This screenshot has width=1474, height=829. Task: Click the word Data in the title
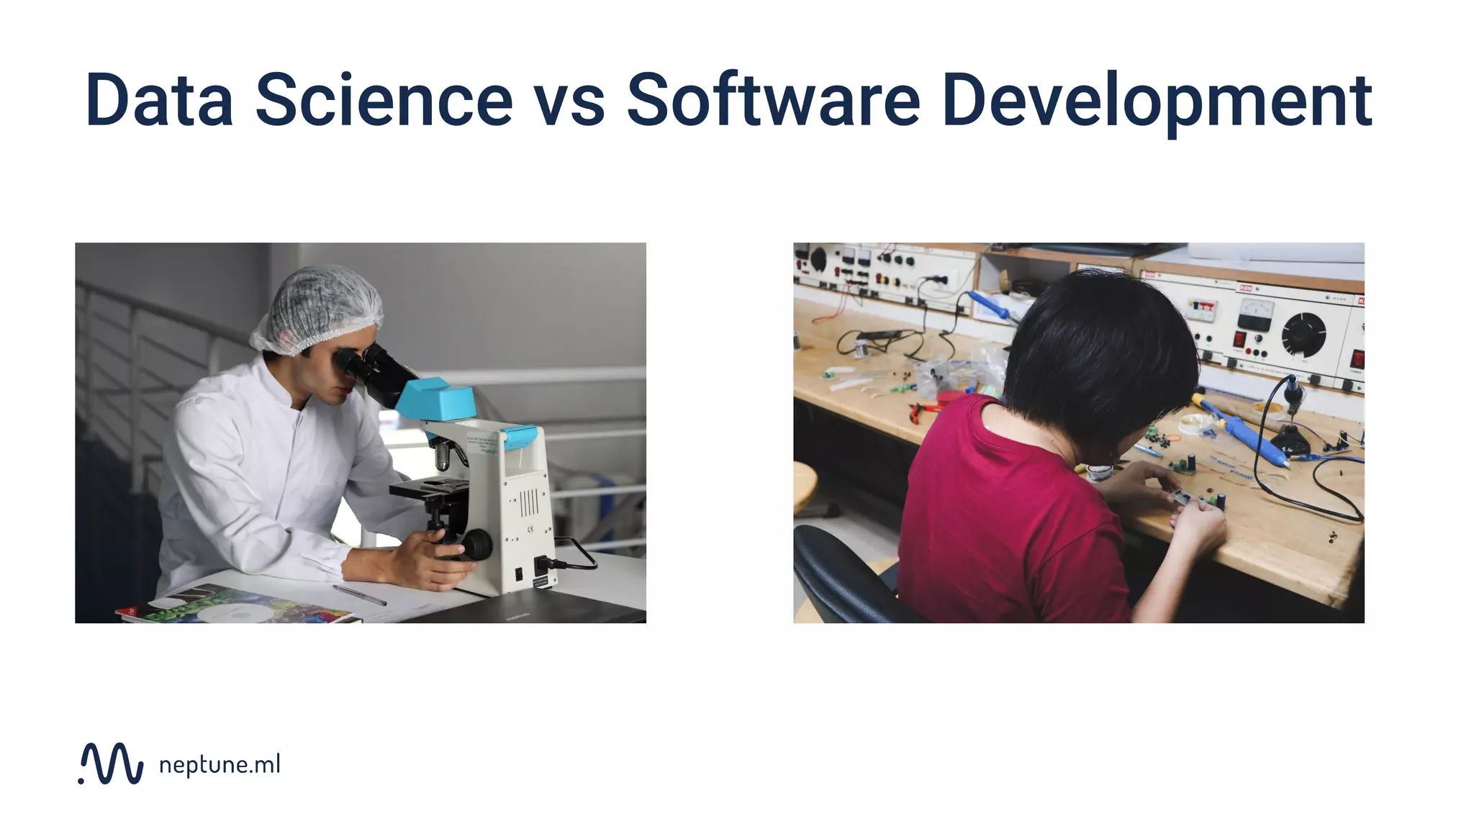(159, 100)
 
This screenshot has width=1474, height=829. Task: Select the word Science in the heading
(384, 100)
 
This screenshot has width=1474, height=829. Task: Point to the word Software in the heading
(773, 100)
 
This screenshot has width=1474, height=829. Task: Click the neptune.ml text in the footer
(220, 764)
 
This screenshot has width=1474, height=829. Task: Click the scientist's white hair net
(320, 306)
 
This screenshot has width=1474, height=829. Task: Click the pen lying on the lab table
(358, 594)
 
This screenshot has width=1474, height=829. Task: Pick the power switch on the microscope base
(519, 574)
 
